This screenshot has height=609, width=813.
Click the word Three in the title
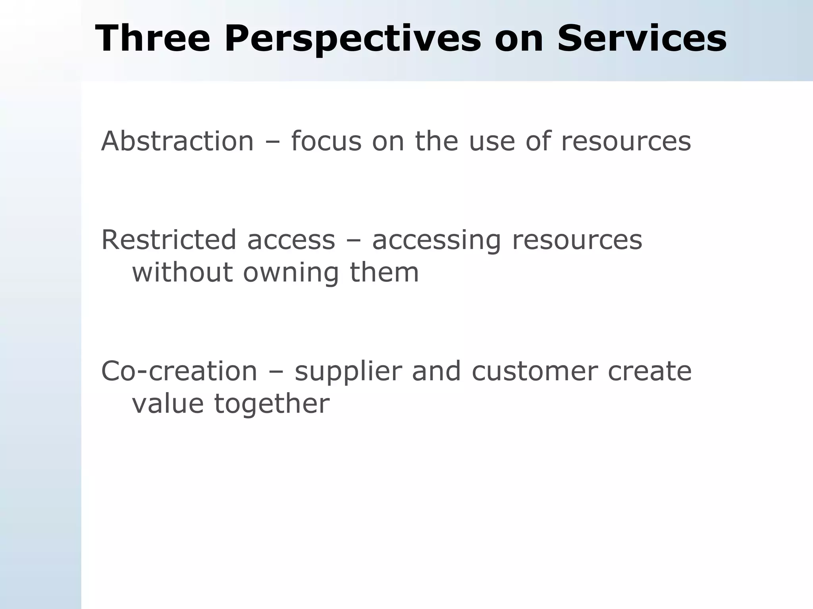coord(152,38)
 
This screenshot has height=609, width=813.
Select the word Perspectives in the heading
coord(353,38)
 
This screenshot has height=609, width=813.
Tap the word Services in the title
coord(642,38)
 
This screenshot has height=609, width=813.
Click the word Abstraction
coord(177,141)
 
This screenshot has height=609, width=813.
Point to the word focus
coord(326,141)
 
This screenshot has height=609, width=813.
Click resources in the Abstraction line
coord(626,141)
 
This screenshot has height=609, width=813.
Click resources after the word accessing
coord(577,240)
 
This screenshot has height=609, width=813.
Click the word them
coord(384,273)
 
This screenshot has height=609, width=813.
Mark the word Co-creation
coord(179,371)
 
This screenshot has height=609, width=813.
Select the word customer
coord(534,371)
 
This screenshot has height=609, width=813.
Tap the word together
coord(272,404)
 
